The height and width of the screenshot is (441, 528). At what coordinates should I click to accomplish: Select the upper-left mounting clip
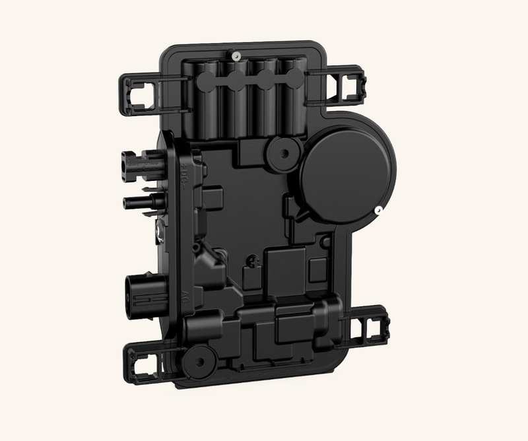click(x=141, y=89)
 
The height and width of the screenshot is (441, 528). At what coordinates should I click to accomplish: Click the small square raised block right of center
click(x=318, y=267)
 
